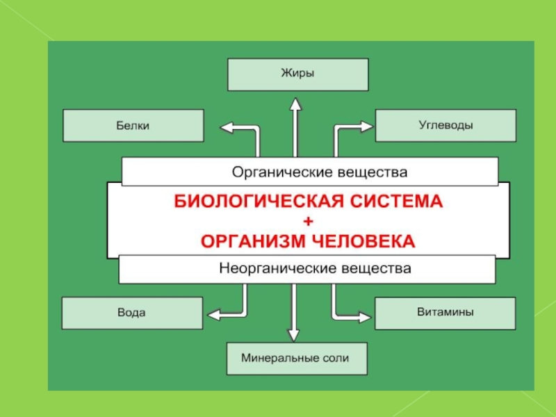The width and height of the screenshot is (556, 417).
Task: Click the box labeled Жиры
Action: [297, 74]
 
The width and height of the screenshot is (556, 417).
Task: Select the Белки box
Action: [133, 126]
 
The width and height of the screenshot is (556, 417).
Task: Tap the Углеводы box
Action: [446, 126]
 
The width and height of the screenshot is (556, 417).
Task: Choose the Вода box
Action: [131, 313]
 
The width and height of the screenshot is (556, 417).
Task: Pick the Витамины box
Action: [445, 313]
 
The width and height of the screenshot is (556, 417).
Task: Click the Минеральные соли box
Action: [296, 359]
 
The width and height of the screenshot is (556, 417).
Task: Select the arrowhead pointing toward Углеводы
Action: [366, 126]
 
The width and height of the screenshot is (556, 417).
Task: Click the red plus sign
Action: [309, 221]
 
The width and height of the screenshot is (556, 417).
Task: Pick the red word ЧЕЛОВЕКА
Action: [365, 241]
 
